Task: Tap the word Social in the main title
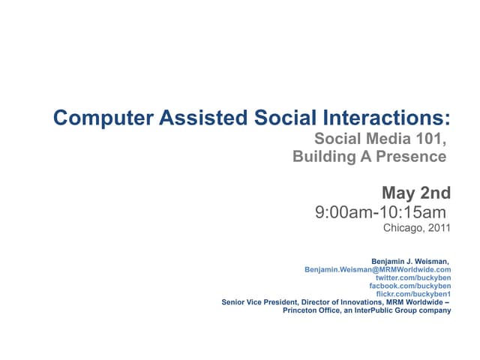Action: point(280,118)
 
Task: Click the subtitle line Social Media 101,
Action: point(379,139)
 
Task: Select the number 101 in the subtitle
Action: point(430,139)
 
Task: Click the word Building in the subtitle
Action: point(323,157)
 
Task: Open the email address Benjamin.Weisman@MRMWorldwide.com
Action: point(377,269)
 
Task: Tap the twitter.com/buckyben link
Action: point(412,277)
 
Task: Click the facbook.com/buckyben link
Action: point(410,286)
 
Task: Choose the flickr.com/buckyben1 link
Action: point(412,294)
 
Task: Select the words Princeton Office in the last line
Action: point(309,310)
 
